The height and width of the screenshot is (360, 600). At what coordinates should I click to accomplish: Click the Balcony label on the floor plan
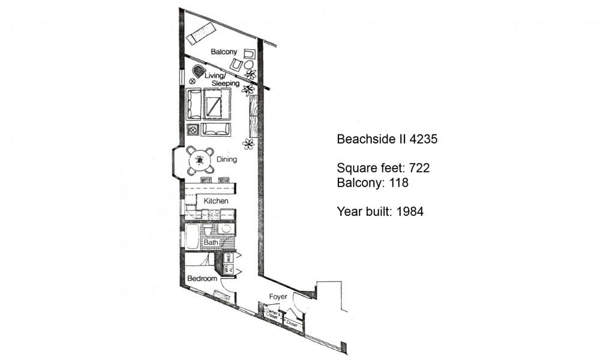223,52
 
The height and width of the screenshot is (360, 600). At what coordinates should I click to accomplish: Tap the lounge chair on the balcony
202,34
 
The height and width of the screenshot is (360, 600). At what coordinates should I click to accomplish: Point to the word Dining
227,160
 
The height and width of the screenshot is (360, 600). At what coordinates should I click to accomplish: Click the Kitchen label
216,200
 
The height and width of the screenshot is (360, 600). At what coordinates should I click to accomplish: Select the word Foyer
278,296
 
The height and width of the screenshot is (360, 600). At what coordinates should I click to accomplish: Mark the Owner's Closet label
272,314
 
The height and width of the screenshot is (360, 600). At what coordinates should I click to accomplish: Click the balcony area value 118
398,182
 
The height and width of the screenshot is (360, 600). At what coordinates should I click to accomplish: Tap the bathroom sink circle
226,229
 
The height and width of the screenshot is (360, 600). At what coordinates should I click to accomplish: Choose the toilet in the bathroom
207,231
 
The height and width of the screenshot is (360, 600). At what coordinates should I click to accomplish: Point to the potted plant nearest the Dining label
248,144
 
